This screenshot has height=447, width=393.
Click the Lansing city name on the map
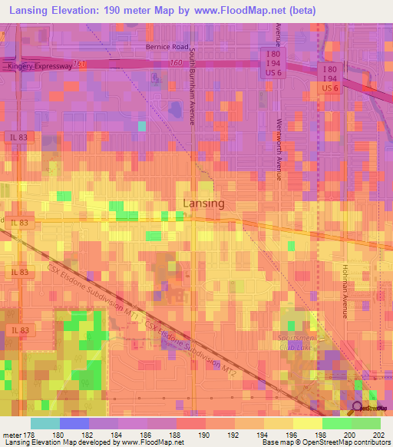[x=204, y=204]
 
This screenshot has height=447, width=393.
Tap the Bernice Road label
[x=167, y=46]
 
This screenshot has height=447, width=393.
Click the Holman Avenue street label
[x=345, y=290]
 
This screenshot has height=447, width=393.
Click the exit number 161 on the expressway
[x=81, y=63]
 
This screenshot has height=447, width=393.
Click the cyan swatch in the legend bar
[x=45, y=423]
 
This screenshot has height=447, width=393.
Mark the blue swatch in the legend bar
[x=74, y=423]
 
